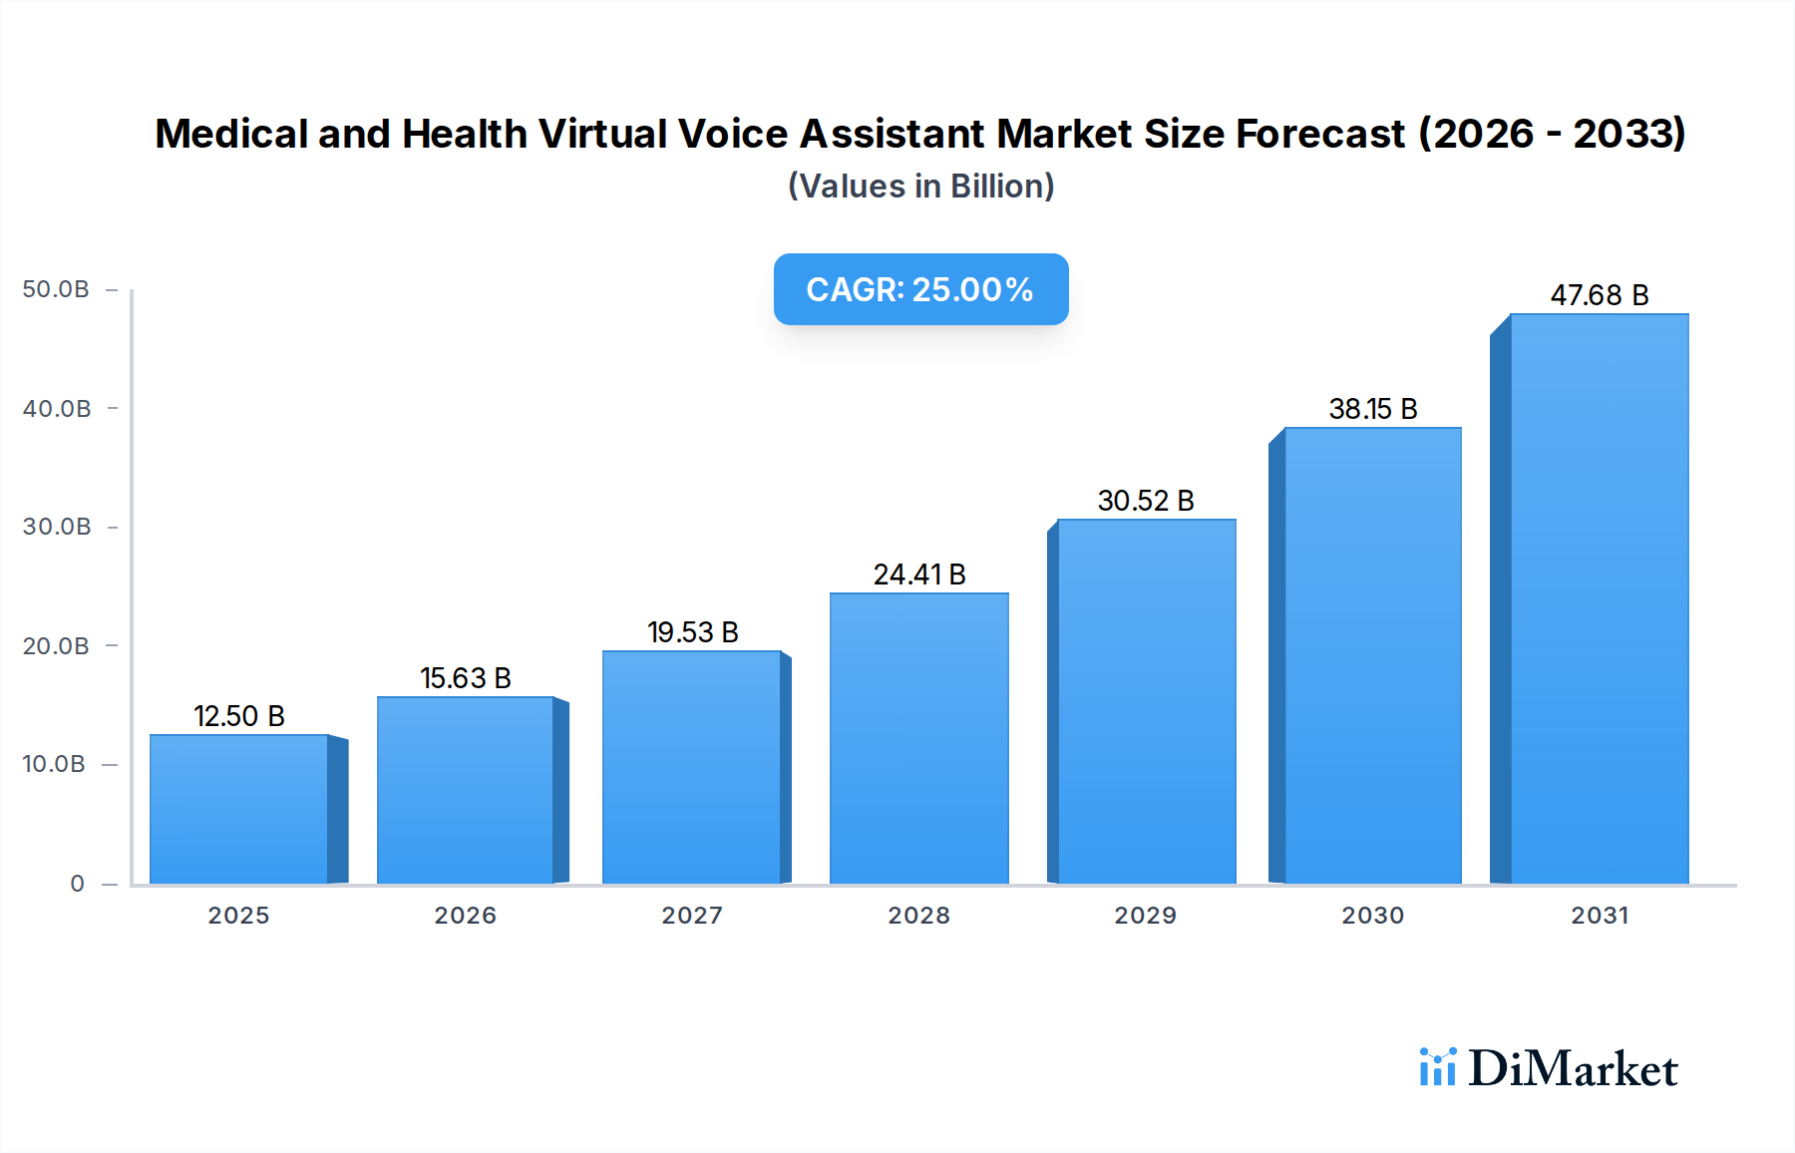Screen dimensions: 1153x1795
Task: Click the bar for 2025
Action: coord(239,809)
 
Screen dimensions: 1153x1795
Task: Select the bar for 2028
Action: coord(918,738)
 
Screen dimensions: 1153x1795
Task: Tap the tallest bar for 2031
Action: coord(1599,598)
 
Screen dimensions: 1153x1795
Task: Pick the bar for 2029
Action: coord(1146,701)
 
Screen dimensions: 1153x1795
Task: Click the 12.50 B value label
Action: coord(239,716)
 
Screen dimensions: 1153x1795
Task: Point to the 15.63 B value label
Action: coord(466,678)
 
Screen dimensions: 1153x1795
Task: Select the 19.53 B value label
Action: coord(693,632)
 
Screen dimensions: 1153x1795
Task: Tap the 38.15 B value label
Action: coord(1373,409)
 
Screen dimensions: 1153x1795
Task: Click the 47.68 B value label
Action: coord(1600,295)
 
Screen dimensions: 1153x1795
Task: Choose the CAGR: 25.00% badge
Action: coord(920,289)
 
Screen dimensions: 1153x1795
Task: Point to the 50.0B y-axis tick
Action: coord(56,289)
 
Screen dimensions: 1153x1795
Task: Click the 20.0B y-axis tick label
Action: coord(56,646)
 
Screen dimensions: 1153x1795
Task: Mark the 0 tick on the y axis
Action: coord(78,884)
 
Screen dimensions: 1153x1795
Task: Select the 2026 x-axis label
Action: coord(465,916)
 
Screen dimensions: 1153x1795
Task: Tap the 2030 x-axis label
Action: coord(1372,916)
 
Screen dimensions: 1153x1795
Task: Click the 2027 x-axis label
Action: coord(692,916)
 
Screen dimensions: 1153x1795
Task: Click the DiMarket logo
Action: coord(1549,1068)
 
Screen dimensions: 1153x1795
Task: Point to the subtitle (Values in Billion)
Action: coord(920,187)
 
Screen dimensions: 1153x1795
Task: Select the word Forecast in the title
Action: coord(1320,134)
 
